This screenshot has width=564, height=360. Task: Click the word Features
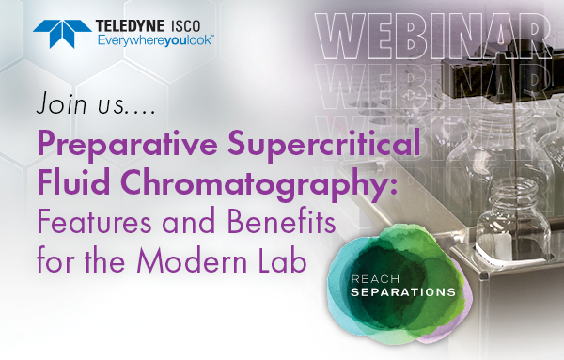click(103, 225)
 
